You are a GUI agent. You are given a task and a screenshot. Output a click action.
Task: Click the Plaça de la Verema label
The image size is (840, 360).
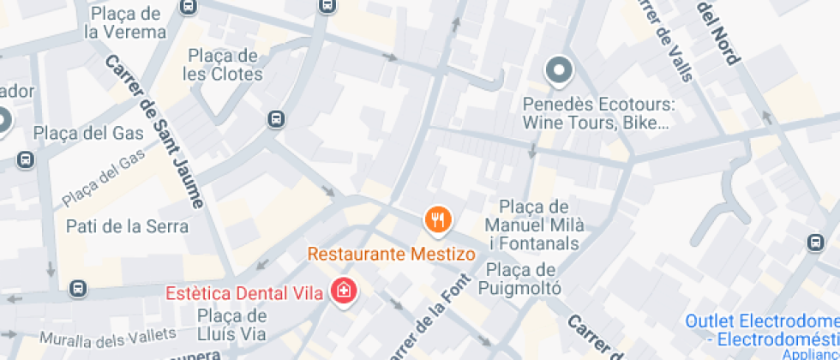click(x=125, y=23)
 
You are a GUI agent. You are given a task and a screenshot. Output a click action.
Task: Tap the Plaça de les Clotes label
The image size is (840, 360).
click(x=224, y=65)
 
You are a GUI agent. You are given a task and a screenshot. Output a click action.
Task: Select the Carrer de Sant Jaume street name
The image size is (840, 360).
click(x=154, y=133)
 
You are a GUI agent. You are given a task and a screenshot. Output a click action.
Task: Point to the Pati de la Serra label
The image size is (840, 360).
click(x=127, y=227)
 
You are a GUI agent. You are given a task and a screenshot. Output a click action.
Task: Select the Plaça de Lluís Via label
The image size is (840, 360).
click(x=231, y=325)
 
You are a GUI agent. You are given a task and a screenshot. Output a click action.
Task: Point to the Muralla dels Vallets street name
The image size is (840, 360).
click(x=108, y=335)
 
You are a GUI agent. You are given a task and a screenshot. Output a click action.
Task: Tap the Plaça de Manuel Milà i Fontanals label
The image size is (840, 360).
click(x=534, y=225)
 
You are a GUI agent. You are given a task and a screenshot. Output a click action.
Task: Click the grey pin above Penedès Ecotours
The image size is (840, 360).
click(x=559, y=71)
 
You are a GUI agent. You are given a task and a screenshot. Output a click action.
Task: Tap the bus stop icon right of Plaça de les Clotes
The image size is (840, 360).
click(x=276, y=118)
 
